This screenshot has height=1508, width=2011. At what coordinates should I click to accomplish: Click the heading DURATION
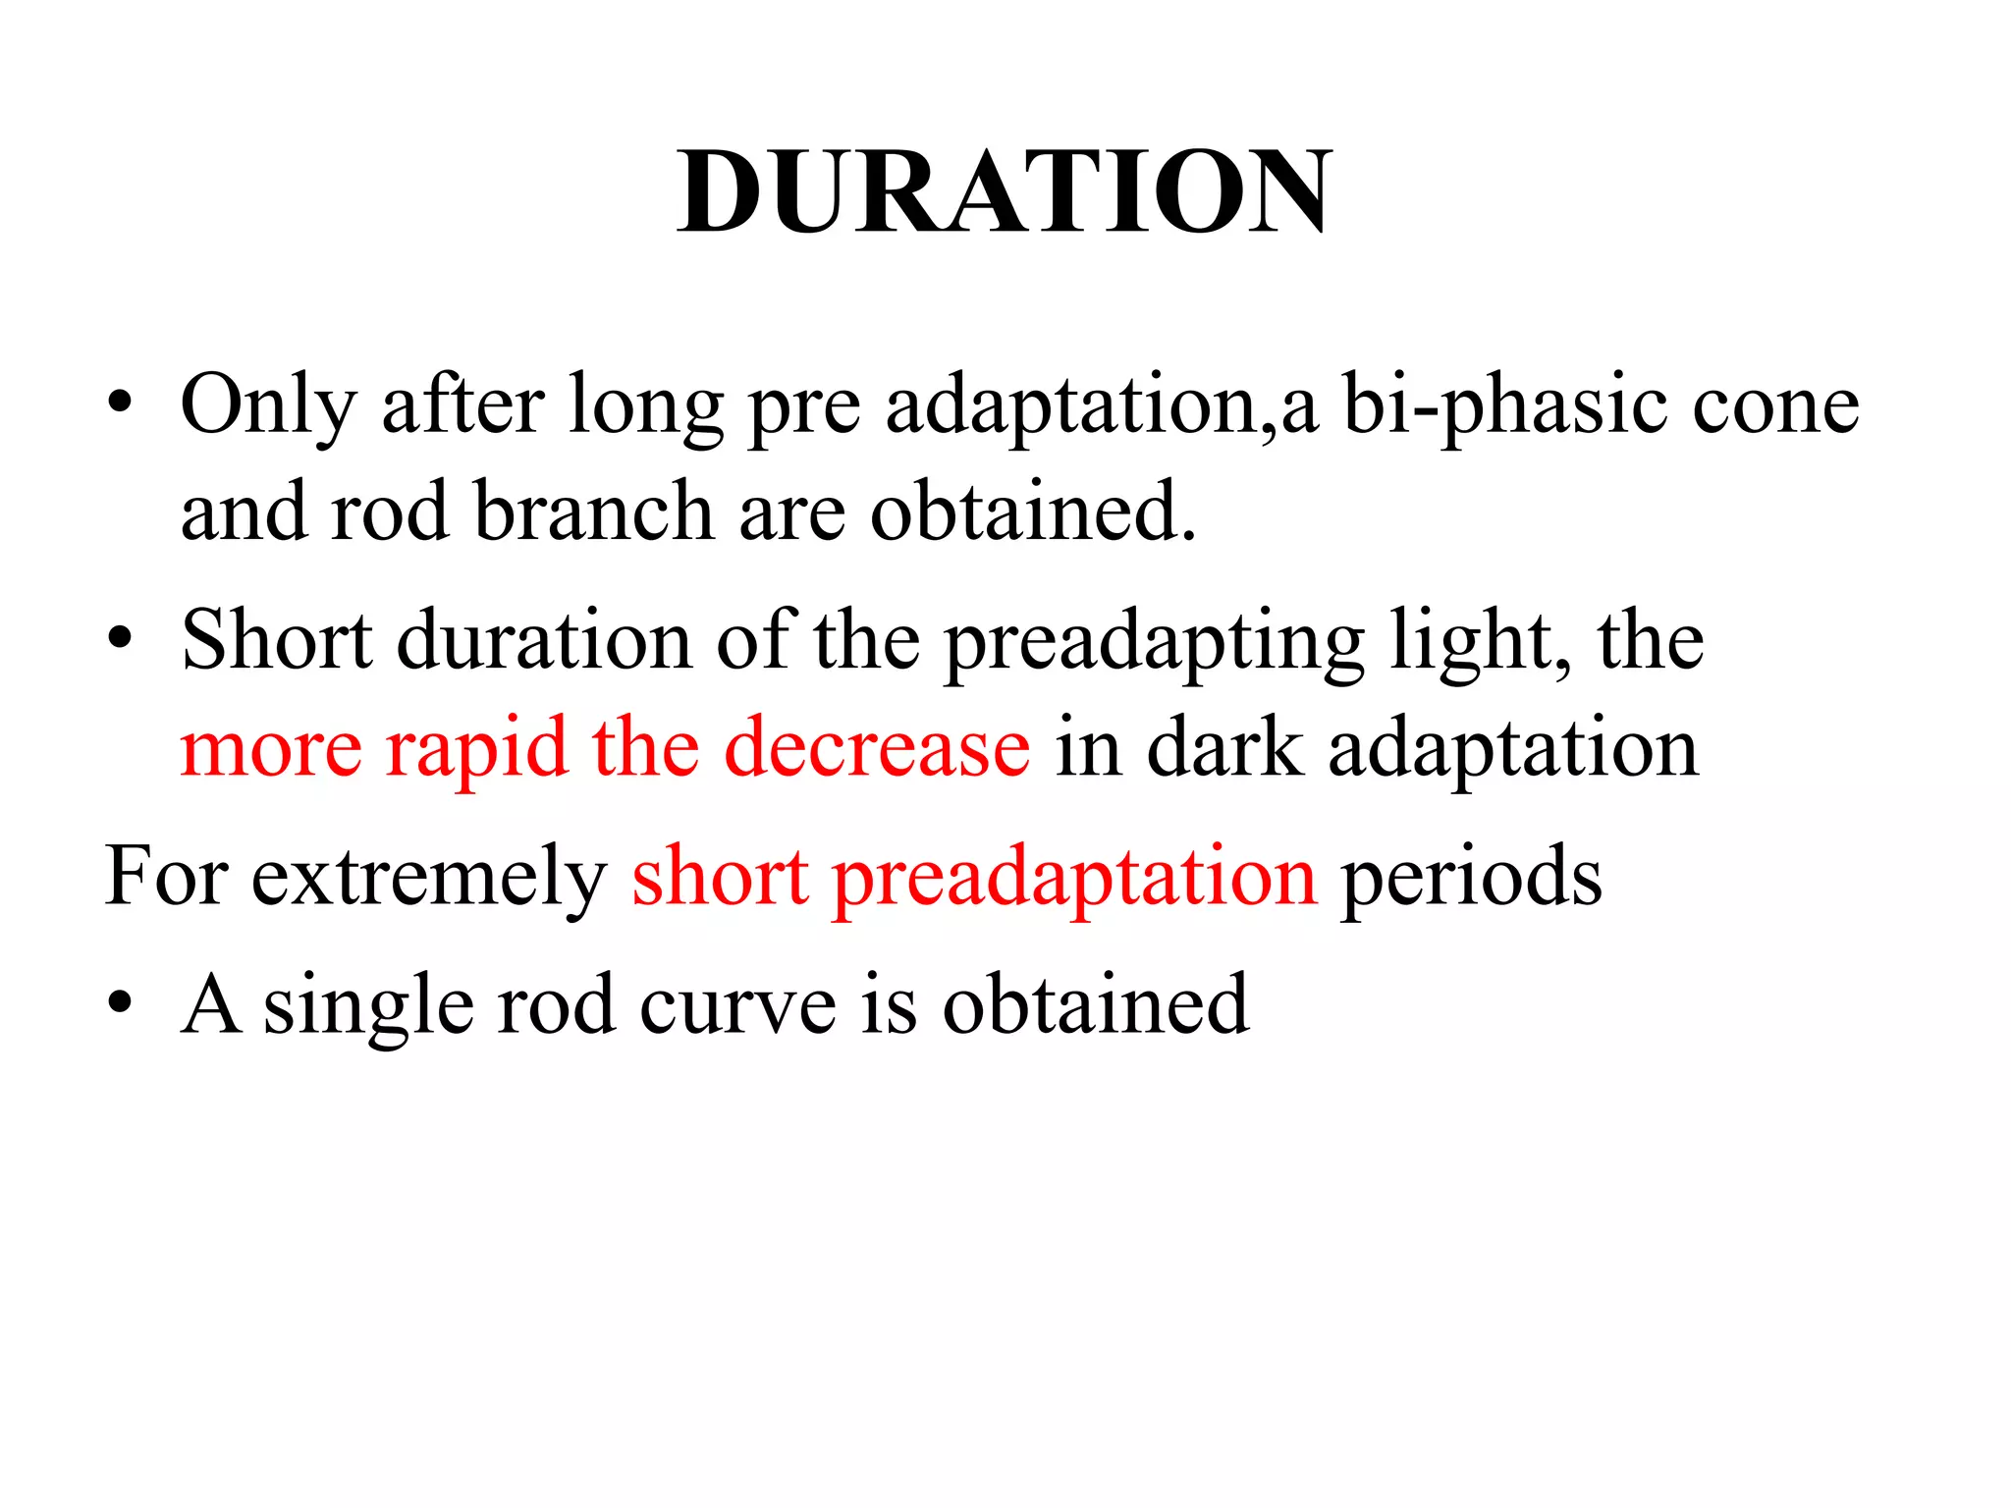pos(1005,191)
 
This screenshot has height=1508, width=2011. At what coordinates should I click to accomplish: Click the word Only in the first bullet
pos(267,404)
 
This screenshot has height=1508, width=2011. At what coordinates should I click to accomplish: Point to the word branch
pos(593,512)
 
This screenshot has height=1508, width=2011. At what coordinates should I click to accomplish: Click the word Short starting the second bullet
pos(277,640)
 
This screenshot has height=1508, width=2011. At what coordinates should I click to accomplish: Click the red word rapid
pos(476,749)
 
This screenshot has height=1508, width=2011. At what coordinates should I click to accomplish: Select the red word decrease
pos(877,747)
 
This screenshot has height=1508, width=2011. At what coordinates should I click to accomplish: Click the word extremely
pos(429,877)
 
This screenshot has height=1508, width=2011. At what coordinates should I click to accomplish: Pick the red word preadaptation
pos(1074,877)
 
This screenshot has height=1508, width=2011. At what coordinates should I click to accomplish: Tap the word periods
pos(1471,877)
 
